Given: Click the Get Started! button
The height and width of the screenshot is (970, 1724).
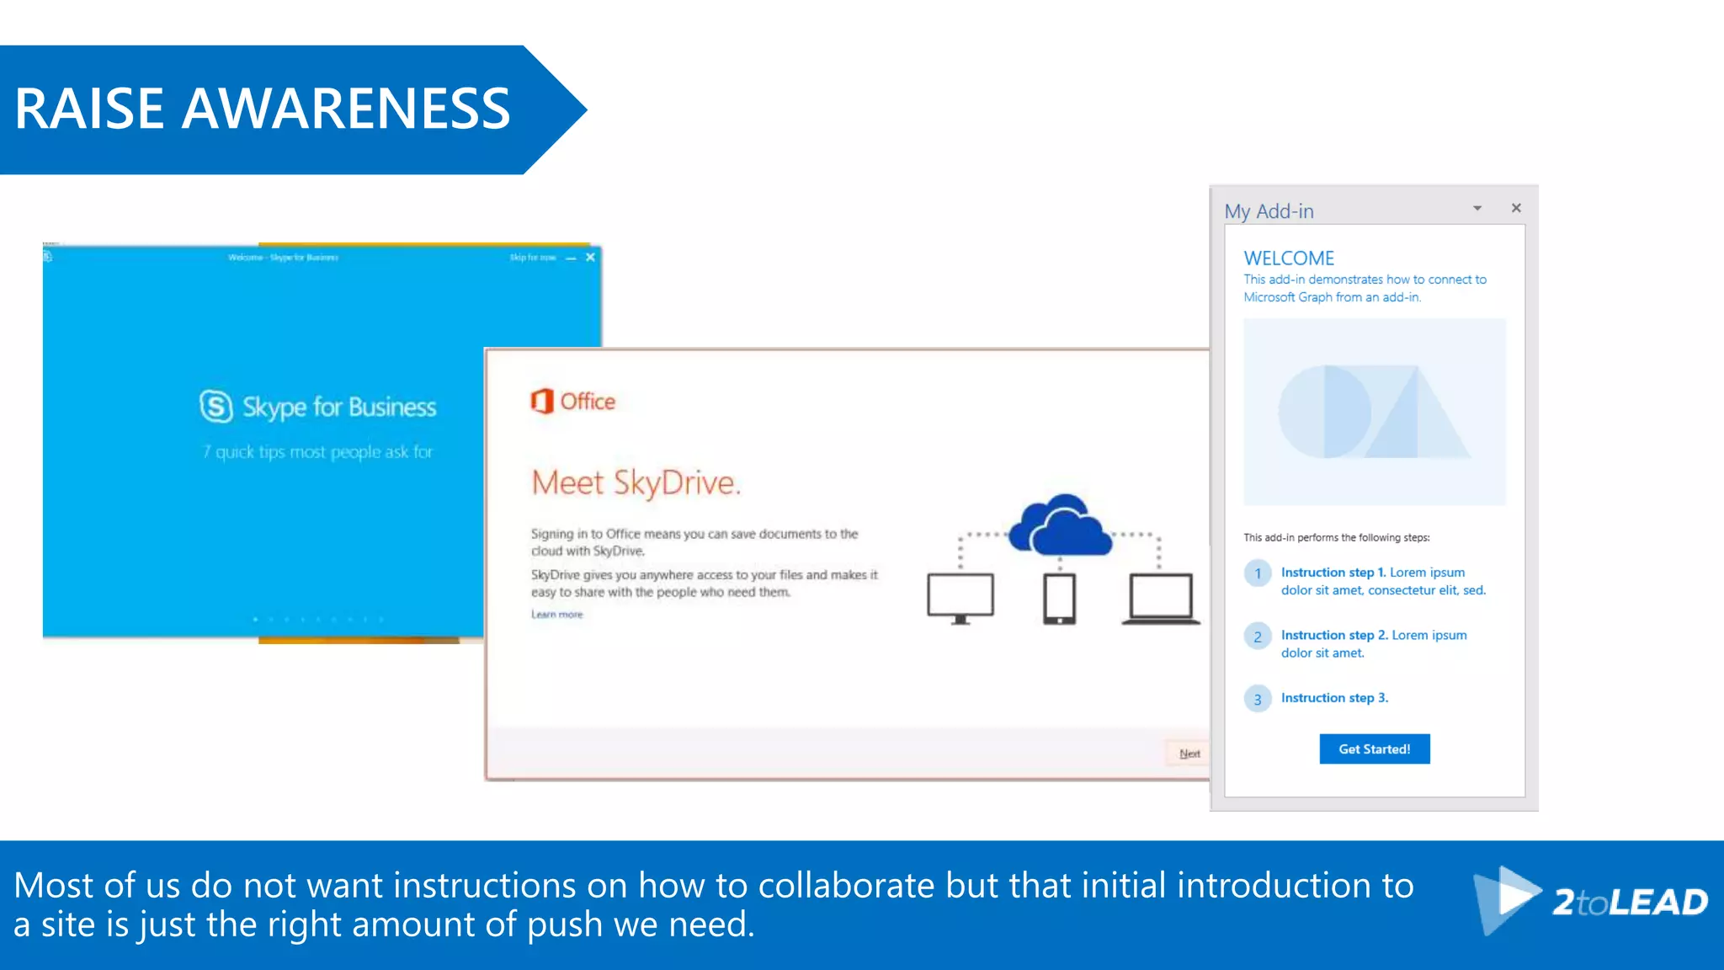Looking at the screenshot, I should click(1374, 749).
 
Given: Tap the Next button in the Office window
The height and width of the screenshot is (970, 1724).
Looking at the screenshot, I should click(1189, 754).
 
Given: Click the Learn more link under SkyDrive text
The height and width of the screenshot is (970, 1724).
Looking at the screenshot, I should click(556, 615).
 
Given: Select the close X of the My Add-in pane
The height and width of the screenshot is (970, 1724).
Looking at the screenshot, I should click(1516, 208).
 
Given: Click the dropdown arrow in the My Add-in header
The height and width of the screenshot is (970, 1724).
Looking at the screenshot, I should click(1477, 208).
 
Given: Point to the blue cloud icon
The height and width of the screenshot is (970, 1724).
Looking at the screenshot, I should click(1061, 525).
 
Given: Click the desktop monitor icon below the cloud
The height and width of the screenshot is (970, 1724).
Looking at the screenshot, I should click(960, 598).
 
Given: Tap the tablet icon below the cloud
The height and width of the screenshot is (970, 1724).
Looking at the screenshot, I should click(1059, 599).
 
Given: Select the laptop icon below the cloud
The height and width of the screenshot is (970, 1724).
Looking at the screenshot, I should click(1160, 599).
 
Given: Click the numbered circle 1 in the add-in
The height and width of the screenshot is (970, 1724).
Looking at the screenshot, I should click(1258, 573).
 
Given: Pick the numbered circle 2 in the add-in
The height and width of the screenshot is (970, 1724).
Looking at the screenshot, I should click(1258, 637).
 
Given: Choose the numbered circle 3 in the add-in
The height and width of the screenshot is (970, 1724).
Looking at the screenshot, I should click(1258, 699).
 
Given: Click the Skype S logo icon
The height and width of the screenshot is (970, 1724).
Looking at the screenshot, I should click(216, 406).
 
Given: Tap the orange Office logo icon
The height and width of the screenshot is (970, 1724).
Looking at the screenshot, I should click(542, 401).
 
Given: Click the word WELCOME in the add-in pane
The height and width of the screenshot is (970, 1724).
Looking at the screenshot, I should click(1289, 258).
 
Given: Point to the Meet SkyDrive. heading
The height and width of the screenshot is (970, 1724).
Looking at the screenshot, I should click(636, 482).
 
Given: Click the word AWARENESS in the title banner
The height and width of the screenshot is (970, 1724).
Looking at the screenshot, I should click(346, 109).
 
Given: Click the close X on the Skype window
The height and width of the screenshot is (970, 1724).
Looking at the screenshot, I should click(590, 257).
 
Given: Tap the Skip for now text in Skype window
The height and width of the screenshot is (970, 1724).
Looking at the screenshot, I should click(532, 257).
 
